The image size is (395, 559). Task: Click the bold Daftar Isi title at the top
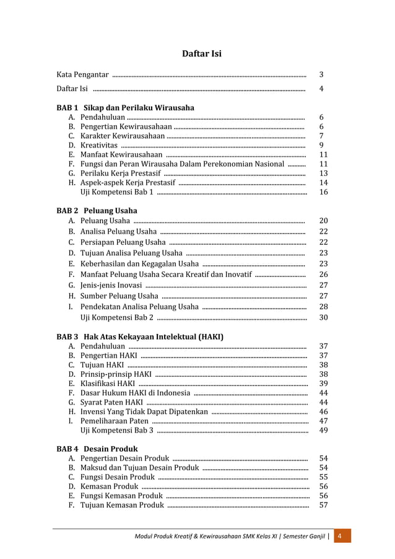pyautogui.click(x=201, y=54)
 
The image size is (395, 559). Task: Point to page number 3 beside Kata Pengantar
pyautogui.click(x=321, y=75)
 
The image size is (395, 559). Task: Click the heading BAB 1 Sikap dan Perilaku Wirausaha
pyautogui.click(x=125, y=107)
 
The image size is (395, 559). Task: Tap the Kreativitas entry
pyautogui.click(x=99, y=145)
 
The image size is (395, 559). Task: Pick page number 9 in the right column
pyautogui.click(x=321, y=145)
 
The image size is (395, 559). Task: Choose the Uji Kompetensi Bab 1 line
pyautogui.click(x=118, y=192)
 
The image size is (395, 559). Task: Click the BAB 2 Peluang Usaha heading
pyautogui.click(x=97, y=211)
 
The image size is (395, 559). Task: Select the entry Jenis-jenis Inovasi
pyautogui.click(x=111, y=285)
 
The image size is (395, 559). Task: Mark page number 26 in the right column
pyautogui.click(x=323, y=274)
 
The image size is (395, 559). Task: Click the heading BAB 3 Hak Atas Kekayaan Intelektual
pyautogui.click(x=140, y=337)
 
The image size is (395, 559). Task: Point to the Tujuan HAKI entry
pyautogui.click(x=102, y=364)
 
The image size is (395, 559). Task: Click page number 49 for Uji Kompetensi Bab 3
pyautogui.click(x=323, y=431)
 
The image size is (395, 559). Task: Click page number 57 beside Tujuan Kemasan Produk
pyautogui.click(x=323, y=505)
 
